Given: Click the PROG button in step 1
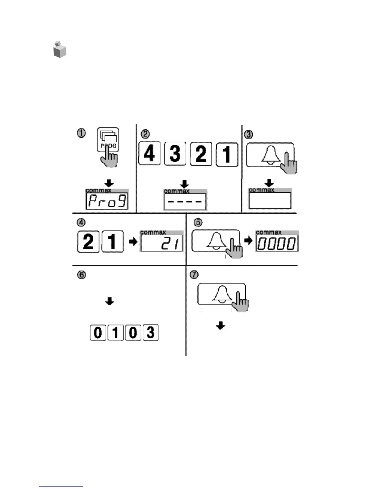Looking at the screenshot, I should (108, 140).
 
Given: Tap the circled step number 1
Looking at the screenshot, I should (81, 133).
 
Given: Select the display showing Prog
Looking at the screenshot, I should (107, 201).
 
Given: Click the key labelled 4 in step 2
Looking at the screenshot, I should (150, 153).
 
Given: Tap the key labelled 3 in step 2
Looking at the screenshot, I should (175, 153).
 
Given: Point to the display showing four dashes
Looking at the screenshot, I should (185, 202).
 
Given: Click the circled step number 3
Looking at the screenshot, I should (249, 134).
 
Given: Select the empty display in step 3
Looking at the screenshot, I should (270, 200).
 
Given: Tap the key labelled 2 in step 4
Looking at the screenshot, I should (88, 241).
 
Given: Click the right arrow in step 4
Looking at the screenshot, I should (133, 241).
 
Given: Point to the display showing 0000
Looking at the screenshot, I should (277, 243).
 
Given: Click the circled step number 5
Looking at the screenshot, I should (198, 222).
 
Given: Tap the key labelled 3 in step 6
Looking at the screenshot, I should (150, 332).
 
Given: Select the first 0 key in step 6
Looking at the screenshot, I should (98, 332).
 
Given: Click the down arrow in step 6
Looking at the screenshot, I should (110, 301).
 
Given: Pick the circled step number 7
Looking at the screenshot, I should (194, 274).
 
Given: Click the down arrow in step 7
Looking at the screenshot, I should (220, 325).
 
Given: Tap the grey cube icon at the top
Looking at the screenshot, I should (60, 49).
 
